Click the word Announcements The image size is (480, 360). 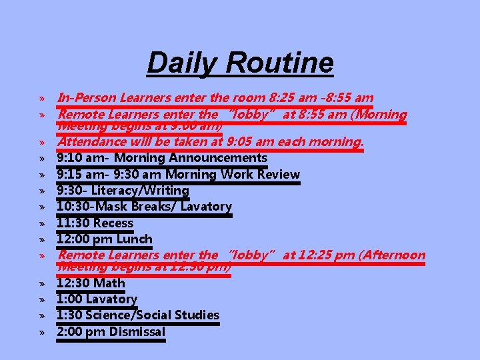pyautogui.click(x=218, y=158)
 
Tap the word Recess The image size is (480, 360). pyautogui.click(x=113, y=223)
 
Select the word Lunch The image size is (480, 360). pyautogui.click(x=135, y=239)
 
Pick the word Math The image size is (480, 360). pyautogui.click(x=109, y=283)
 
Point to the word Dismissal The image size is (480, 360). pyautogui.click(x=137, y=331)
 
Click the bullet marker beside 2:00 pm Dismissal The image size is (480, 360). pyautogui.click(x=41, y=332)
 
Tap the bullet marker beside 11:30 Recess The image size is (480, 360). pyautogui.click(x=41, y=223)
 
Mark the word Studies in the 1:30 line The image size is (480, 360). pyautogui.click(x=197, y=315)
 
